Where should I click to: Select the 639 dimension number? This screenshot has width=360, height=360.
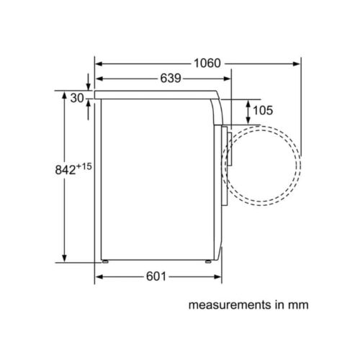click(x=166, y=78)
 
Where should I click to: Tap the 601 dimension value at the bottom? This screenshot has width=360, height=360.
click(x=157, y=276)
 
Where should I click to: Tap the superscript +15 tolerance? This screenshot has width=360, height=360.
click(x=85, y=166)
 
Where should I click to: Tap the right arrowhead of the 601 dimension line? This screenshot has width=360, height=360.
click(x=215, y=276)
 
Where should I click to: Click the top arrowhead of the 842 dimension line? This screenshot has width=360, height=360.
click(x=65, y=94)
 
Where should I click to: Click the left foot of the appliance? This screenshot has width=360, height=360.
click(x=106, y=261)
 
